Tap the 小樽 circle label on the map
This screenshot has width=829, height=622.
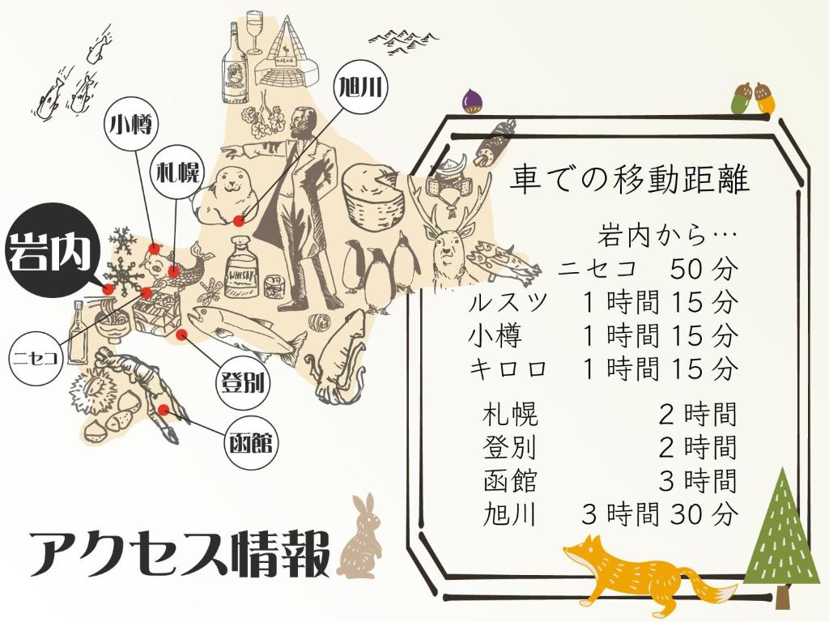[x=130, y=125]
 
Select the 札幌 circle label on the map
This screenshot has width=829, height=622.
[x=176, y=173]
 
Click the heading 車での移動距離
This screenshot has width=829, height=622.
[x=629, y=180]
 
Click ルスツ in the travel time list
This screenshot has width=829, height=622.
[x=508, y=303]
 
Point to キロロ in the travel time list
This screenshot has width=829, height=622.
[x=508, y=369]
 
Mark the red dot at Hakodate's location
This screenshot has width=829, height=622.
[x=164, y=410]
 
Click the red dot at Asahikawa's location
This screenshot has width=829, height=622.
[x=238, y=220]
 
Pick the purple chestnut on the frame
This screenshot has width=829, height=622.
[x=473, y=100]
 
